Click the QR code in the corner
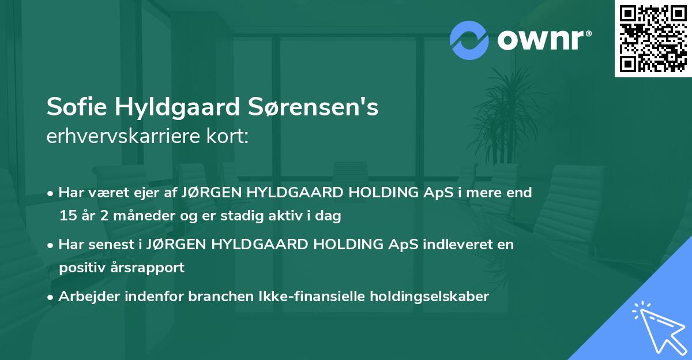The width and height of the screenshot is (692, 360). (653, 38)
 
